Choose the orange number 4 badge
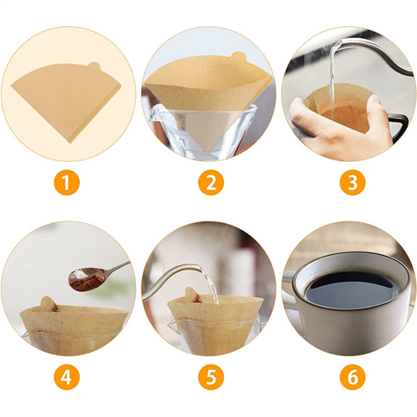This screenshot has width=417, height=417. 67,378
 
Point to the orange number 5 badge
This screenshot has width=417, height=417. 210,378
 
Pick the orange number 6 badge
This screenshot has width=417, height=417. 352,378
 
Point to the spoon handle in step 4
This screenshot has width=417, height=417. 119,268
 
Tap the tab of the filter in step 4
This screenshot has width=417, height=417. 47,303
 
